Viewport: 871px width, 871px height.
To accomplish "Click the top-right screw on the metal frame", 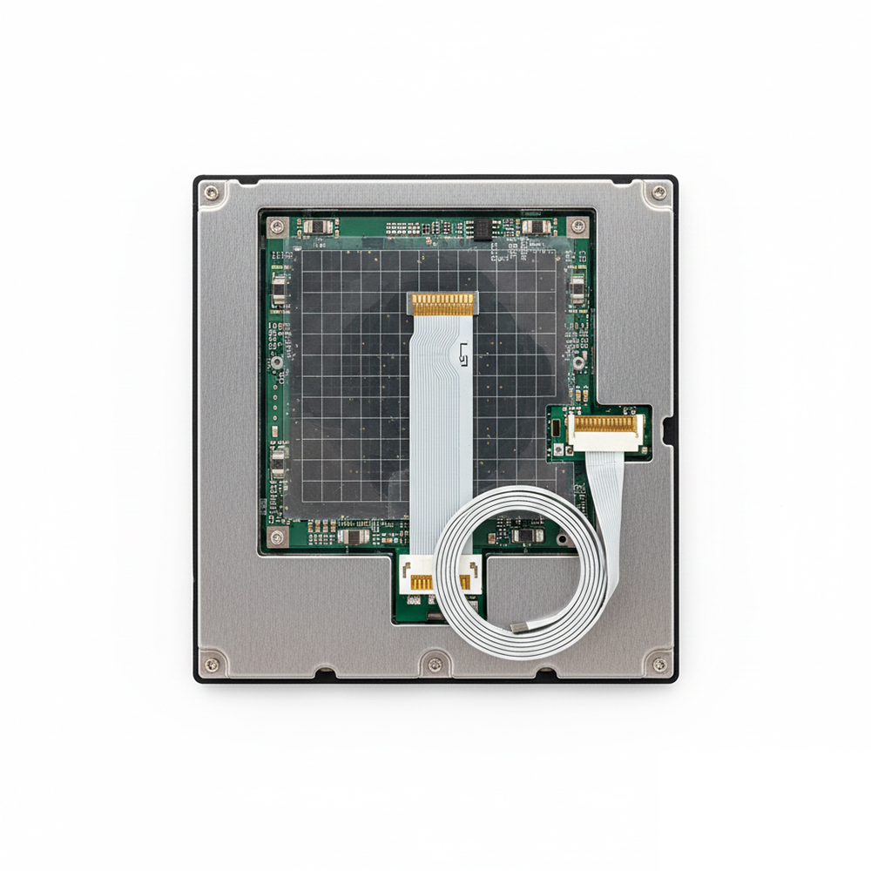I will [x=658, y=192].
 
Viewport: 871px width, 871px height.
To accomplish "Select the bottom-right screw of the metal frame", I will [x=659, y=665].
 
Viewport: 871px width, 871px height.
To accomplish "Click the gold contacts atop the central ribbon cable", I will [x=443, y=304].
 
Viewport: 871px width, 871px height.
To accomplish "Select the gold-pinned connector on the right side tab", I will [x=605, y=426].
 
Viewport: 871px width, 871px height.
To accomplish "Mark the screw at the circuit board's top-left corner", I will [x=276, y=225].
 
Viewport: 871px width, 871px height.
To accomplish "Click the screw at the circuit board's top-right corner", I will [x=578, y=226].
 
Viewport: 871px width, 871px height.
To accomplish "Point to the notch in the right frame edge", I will [x=668, y=429].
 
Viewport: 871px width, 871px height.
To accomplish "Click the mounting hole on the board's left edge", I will [x=275, y=361].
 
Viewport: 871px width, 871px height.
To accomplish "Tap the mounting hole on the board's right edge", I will [x=576, y=361].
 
